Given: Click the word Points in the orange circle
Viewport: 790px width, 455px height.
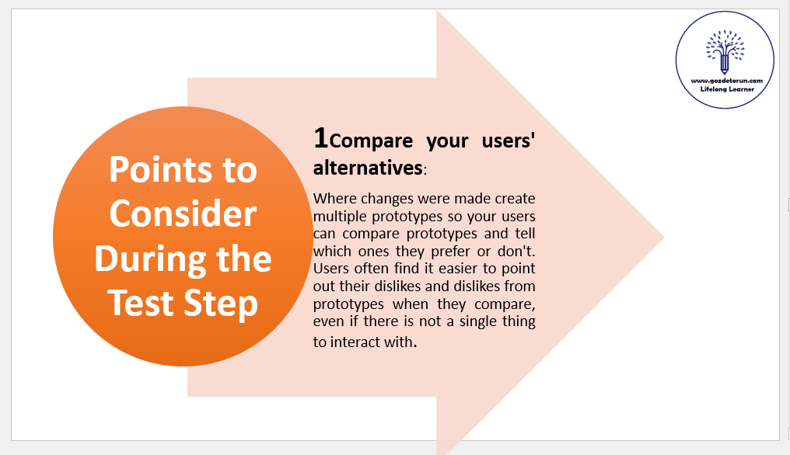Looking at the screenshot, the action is point(161,169).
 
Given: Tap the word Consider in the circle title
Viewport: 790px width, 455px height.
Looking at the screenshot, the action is point(183,214).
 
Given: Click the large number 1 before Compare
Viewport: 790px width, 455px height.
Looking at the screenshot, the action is point(320,138).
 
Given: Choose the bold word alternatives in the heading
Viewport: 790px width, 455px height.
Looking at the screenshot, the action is point(368,168).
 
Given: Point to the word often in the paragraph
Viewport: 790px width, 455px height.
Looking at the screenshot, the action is point(372,269).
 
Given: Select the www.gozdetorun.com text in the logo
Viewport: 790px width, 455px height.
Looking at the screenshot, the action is point(726,81).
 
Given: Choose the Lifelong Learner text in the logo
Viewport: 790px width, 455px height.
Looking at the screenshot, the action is point(727,89).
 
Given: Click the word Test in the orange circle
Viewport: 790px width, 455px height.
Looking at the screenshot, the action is point(142,303).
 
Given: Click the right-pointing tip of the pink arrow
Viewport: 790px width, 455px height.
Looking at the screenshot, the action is point(664,237).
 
